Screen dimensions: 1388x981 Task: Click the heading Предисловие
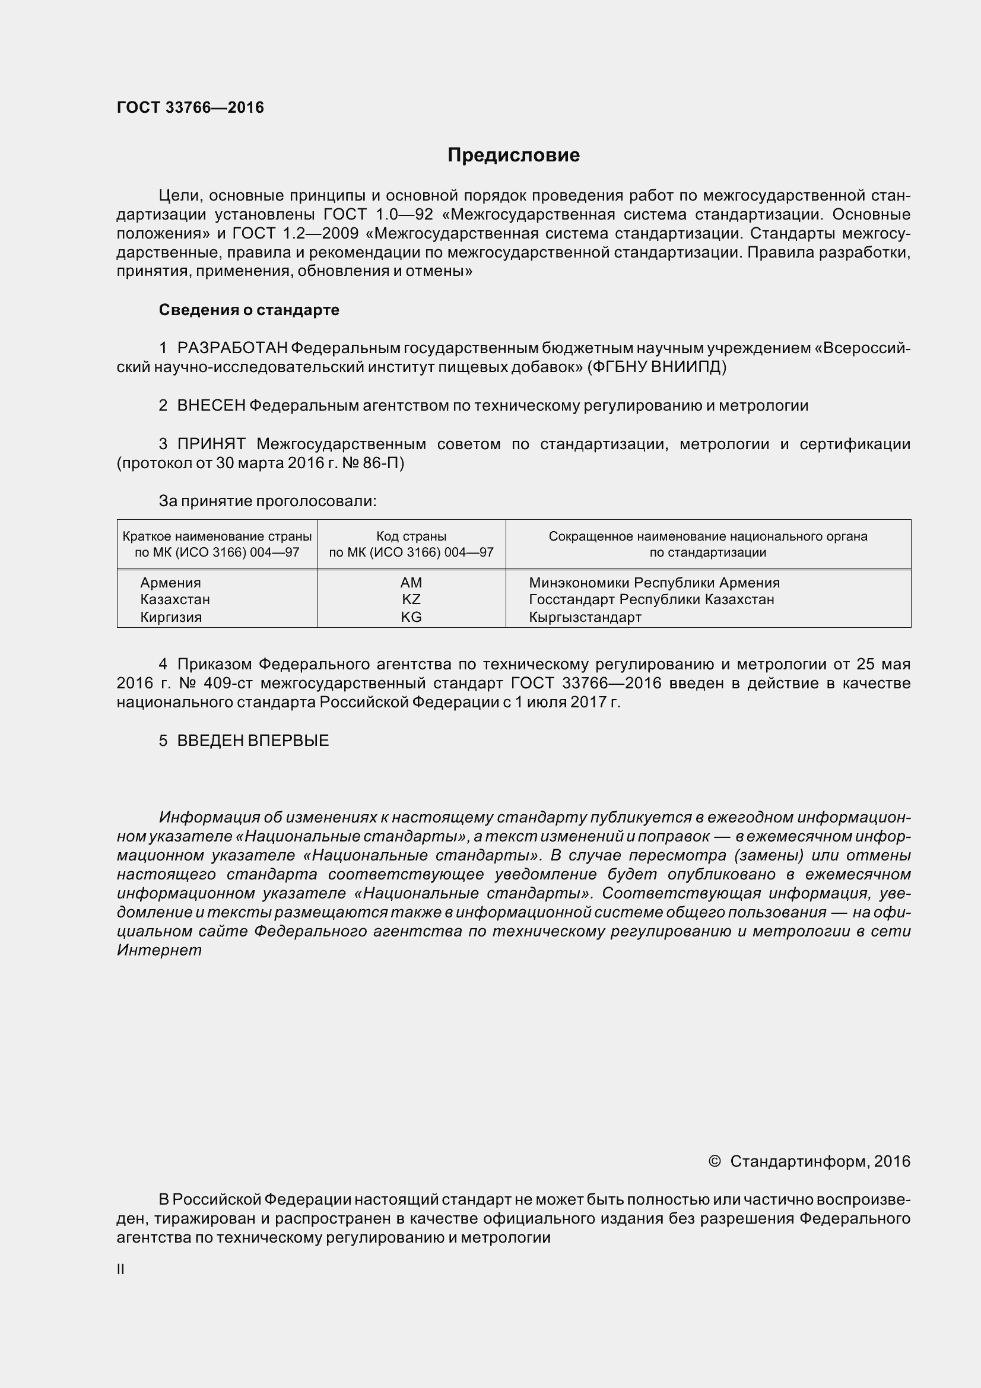tap(513, 155)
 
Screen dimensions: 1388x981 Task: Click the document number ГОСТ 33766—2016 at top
tap(190, 107)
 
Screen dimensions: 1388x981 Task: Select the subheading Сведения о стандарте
tap(249, 310)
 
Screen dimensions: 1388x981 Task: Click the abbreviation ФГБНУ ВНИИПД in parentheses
tap(656, 367)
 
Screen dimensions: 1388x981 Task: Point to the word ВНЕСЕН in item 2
tap(211, 406)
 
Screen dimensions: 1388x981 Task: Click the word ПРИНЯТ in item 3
tap(211, 444)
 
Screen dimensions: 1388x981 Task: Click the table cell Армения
tap(170, 583)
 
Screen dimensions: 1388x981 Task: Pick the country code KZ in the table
tap(411, 600)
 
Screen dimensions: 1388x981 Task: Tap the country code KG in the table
tap(411, 617)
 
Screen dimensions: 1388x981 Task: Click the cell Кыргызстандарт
tap(585, 617)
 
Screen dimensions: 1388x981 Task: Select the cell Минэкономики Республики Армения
tap(654, 583)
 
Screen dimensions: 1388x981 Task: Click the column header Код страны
tap(411, 536)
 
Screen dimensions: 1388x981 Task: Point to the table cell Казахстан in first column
tap(174, 600)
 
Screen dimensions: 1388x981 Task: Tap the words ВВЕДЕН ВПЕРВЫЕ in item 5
tap(253, 741)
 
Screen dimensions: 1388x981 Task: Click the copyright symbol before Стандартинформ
tap(715, 1161)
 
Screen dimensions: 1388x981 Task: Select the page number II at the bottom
tap(121, 1269)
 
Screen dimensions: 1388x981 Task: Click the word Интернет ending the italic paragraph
tap(159, 951)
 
